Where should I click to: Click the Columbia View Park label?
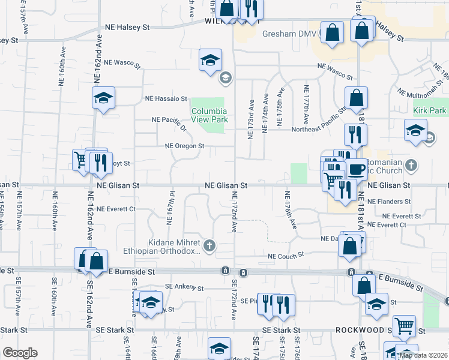point(209,115)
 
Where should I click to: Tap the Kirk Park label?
point(430,111)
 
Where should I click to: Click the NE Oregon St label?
point(185,146)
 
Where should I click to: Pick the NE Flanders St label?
point(389,202)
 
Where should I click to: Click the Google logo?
point(20,353)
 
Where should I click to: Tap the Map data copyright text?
point(422,355)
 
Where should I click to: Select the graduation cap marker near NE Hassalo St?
point(103,98)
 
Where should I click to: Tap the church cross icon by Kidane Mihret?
point(209,245)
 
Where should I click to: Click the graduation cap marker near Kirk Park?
point(415,130)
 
